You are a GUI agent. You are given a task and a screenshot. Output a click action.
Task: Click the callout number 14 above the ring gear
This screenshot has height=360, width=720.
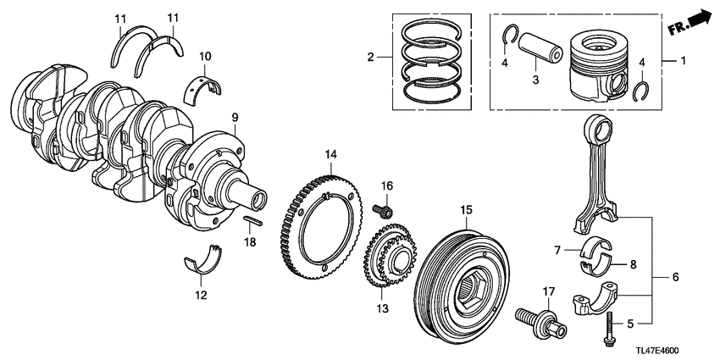(x=330, y=154)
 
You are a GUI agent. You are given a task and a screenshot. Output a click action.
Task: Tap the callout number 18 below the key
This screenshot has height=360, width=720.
(x=249, y=242)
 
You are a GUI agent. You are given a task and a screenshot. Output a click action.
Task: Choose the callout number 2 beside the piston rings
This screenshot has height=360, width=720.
(x=370, y=58)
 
